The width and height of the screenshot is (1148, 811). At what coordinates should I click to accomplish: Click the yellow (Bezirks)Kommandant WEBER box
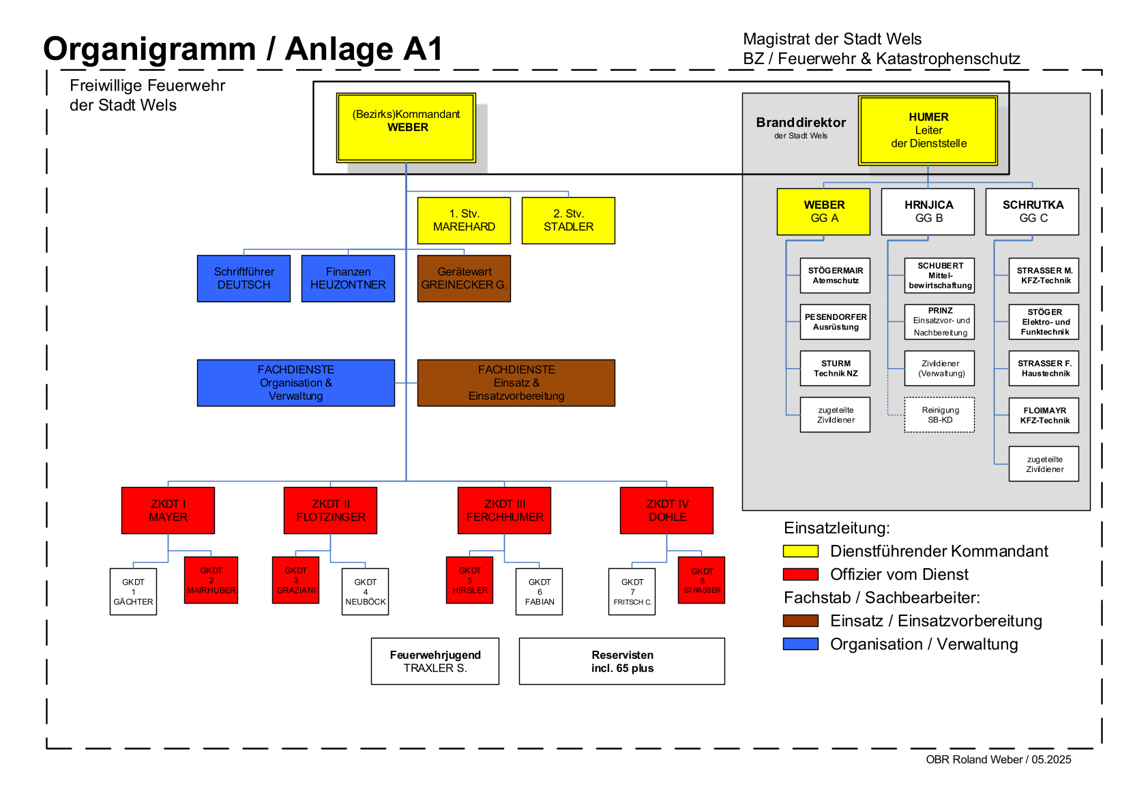click(x=406, y=128)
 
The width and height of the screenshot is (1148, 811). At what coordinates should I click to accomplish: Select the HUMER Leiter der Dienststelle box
click(x=928, y=131)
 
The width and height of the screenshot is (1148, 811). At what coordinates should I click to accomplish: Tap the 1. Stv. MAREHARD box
click(x=464, y=220)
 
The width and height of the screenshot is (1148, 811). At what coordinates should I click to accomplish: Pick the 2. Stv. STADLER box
click(x=568, y=220)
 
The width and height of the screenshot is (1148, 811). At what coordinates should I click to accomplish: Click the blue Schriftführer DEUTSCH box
click(x=244, y=278)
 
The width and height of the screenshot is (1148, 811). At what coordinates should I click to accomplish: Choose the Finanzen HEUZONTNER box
click(x=348, y=278)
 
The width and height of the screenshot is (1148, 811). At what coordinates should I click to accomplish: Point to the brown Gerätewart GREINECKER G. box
click(x=464, y=278)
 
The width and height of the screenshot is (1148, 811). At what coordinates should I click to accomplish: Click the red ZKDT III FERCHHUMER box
click(x=504, y=510)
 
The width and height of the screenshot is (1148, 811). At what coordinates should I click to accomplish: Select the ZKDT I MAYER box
click(x=168, y=510)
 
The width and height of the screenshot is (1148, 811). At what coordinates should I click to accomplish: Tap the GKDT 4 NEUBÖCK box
click(x=366, y=591)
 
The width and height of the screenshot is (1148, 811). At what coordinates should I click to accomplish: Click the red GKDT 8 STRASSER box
click(x=702, y=580)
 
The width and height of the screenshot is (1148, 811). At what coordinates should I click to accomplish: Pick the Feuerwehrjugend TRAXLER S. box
click(x=435, y=661)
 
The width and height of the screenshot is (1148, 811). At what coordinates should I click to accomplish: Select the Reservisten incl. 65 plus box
click(x=622, y=661)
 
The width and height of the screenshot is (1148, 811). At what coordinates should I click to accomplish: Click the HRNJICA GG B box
click(x=928, y=211)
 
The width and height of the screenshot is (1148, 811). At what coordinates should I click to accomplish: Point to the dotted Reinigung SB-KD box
click(x=939, y=415)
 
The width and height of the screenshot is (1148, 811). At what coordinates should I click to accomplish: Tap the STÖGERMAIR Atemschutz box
click(x=836, y=275)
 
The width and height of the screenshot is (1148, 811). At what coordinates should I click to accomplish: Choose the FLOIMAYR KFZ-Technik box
click(x=1044, y=415)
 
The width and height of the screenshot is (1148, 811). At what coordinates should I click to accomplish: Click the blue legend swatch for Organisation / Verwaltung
click(x=801, y=643)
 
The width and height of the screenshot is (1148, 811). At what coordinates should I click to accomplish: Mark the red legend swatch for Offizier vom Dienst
click(x=801, y=574)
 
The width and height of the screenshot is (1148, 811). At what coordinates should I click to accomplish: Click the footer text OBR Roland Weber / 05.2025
click(x=999, y=759)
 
